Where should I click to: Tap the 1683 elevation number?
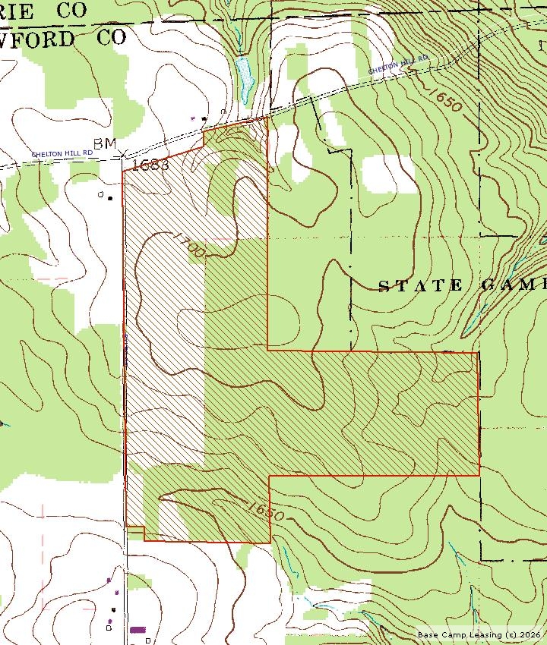pos(149,165)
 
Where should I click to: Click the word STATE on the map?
pos(420,285)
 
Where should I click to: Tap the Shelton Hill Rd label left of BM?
pos(62,153)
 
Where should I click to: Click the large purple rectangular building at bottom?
pos(138,629)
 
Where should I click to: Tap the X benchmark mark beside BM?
pos(124,153)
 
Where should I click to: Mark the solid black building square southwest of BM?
pos(110,198)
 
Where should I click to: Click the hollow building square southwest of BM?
pos(100,194)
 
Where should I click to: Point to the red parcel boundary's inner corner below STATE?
pos(269,350)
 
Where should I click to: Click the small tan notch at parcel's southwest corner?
pos(135,529)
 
